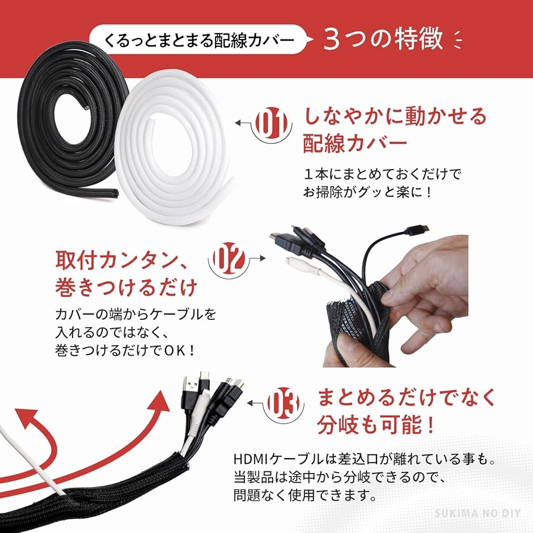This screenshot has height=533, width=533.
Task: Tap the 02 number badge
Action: [x=229, y=259]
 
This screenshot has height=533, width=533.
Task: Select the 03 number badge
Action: [x=284, y=403]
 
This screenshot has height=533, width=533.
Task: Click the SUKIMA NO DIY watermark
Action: [x=477, y=513]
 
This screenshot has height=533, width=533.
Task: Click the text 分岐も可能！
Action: [x=376, y=425]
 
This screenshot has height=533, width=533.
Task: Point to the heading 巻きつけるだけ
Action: [x=126, y=287]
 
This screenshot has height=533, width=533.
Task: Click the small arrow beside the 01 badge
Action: [x=246, y=122]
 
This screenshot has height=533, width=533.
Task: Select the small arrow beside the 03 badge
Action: [x=257, y=403]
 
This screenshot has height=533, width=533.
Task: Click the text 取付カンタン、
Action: [x=121, y=260]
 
